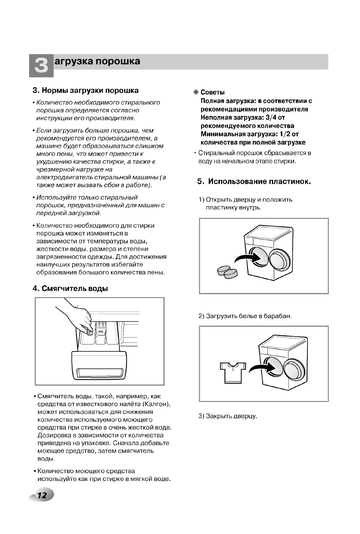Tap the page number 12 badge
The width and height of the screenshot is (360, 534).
43,496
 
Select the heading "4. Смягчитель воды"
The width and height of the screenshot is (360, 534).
70,289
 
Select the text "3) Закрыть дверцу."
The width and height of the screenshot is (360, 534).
228,416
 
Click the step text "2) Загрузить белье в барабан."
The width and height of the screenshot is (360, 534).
244,315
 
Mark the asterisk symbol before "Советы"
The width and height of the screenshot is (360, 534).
196,93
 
